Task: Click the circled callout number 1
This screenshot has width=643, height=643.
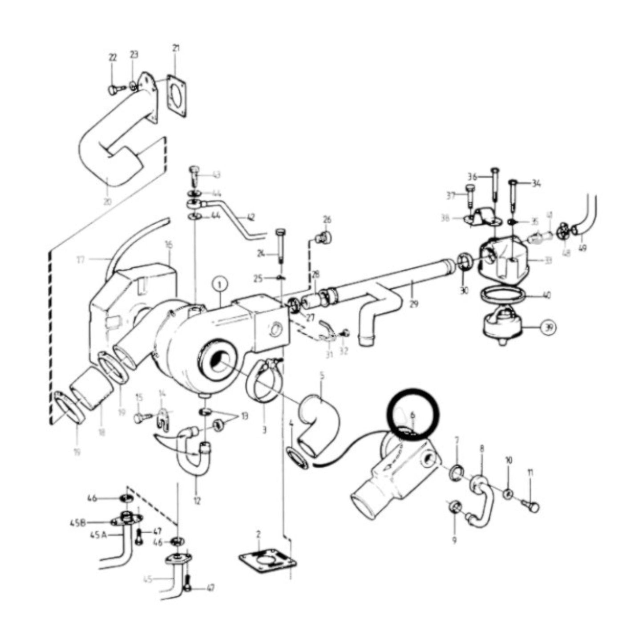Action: (221, 283)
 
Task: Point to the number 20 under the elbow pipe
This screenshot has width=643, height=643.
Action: (107, 201)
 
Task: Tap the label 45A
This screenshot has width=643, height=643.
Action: (99, 536)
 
